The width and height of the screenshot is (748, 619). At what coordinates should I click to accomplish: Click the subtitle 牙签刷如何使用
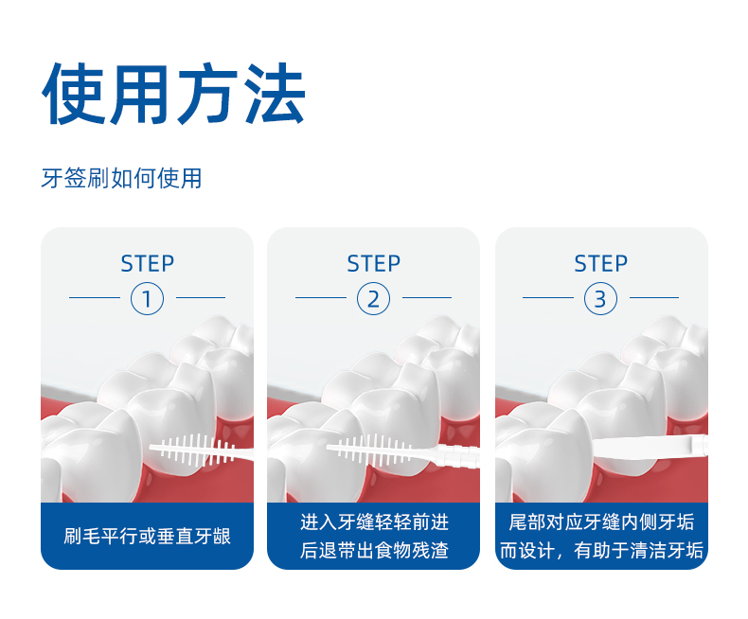121,178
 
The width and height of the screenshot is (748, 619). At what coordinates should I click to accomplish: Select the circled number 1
147,299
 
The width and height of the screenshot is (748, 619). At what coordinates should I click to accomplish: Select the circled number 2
373,299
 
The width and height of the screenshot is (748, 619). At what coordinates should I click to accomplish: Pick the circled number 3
600,299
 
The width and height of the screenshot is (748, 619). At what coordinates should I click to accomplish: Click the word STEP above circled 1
147,263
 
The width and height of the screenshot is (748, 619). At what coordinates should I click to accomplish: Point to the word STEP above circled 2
373,263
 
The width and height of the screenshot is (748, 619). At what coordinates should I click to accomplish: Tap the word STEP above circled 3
600,263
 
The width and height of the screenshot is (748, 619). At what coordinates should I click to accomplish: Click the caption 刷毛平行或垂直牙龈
147,537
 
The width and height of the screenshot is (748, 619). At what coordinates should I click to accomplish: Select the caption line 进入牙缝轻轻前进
373,522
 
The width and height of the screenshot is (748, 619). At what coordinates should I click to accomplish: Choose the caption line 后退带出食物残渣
373,551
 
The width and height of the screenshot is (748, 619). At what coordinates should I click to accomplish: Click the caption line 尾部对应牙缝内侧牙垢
600,522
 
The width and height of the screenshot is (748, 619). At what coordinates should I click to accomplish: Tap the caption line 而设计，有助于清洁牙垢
600,551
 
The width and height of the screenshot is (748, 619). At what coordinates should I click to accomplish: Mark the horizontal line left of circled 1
95,299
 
